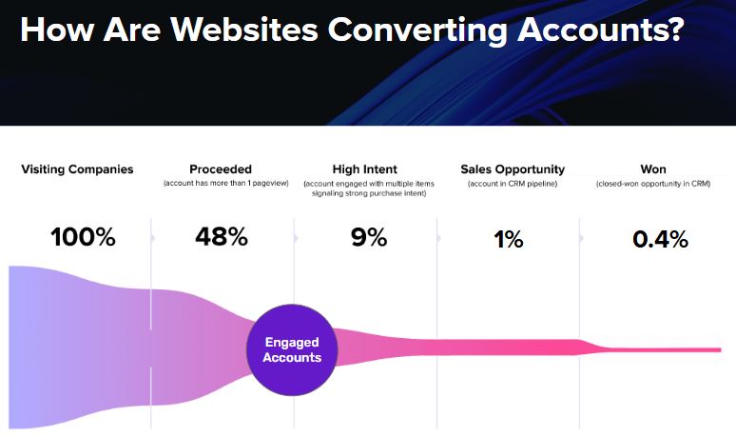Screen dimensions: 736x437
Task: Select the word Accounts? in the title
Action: tap(600, 30)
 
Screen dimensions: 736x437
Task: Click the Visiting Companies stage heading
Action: tap(77, 169)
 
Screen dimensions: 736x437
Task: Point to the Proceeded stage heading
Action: tap(221, 169)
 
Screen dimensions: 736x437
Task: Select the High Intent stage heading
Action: tap(365, 169)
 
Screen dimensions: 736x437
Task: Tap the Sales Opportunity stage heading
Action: tap(513, 169)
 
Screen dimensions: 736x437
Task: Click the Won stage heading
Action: tap(653, 169)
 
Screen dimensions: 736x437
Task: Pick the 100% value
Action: tap(83, 237)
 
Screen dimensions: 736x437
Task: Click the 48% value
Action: tap(222, 236)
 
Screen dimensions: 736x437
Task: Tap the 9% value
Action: tap(369, 237)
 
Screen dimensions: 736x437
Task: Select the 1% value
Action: tap(509, 239)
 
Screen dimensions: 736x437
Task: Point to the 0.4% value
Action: tap(661, 239)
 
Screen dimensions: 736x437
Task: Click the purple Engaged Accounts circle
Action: tap(292, 350)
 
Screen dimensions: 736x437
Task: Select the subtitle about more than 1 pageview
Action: tap(225, 183)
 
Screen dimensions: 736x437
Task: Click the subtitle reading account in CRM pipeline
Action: tap(513, 184)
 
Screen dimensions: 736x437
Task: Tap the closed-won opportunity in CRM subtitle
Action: tap(653, 184)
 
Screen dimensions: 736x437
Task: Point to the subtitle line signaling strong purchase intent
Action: tap(369, 193)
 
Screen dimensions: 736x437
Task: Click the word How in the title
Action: tap(57, 30)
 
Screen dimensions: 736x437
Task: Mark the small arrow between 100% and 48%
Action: tap(153, 238)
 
